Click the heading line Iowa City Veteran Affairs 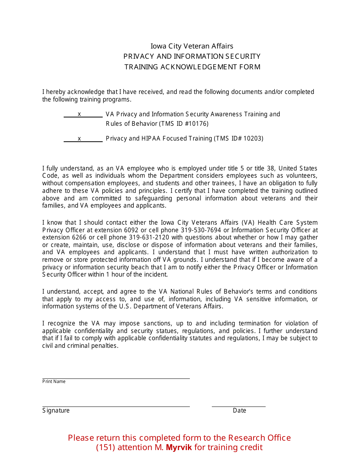[192, 46]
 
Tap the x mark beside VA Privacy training [79, 114]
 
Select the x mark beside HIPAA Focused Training [79, 139]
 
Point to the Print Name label [54, 382]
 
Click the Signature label [56, 411]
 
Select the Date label [239, 411]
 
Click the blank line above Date [238, 406]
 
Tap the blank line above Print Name [116, 378]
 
